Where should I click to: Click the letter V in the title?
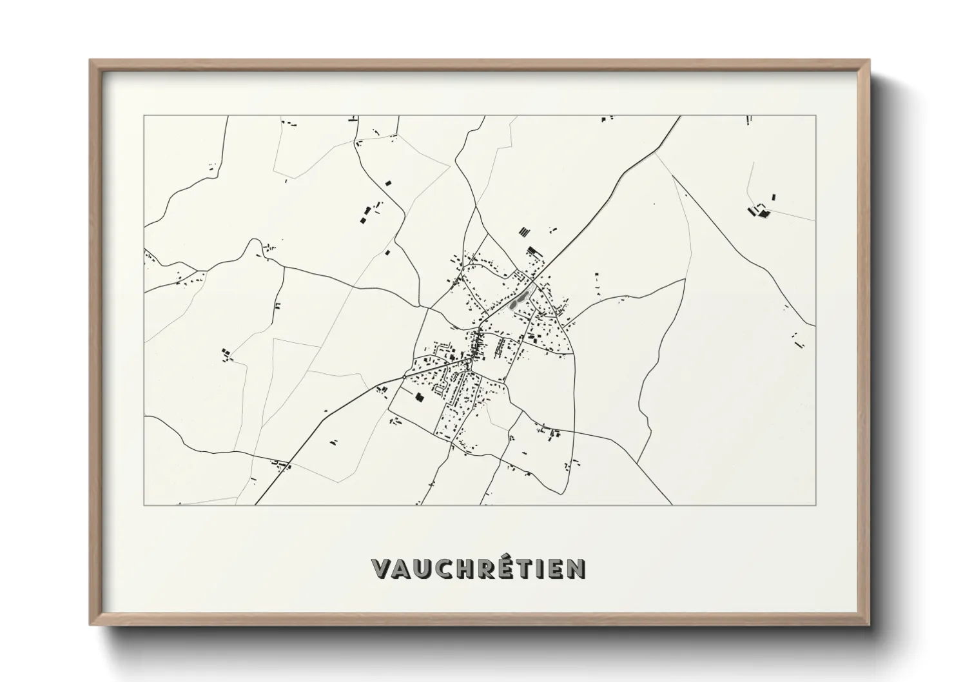point(382,568)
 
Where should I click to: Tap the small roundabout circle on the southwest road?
point(404,376)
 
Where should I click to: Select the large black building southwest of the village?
point(420,398)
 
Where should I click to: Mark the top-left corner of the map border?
point(144,116)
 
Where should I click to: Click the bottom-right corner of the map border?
point(816,505)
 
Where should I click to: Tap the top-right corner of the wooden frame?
point(870,60)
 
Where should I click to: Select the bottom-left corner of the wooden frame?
point(90,624)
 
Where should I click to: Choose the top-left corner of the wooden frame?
point(90,60)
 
